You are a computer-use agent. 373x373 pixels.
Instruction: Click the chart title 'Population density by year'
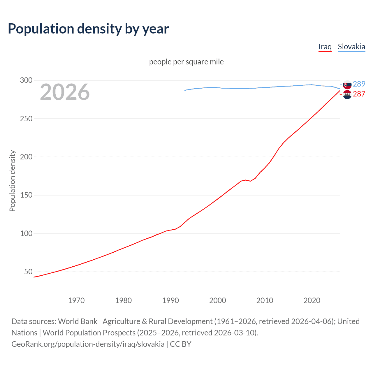pyautogui.click(x=88, y=29)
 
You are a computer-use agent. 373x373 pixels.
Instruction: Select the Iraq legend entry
pyautogui.click(x=325, y=47)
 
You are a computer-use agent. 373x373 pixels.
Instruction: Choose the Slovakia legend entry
pyautogui.click(x=351, y=47)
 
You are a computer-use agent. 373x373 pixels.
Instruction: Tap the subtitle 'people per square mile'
pyautogui.click(x=186, y=62)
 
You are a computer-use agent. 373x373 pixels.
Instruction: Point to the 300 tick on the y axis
pyautogui.click(x=26, y=80)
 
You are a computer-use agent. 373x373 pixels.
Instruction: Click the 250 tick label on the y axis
pyautogui.click(x=26, y=119)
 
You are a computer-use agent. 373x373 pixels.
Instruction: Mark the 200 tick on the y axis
pyautogui.click(x=26, y=157)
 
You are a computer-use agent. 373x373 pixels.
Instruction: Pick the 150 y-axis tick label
pyautogui.click(x=26, y=195)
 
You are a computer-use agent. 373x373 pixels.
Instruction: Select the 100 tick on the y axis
pyautogui.click(x=26, y=233)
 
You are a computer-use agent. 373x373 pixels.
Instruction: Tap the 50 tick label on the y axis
pyautogui.click(x=28, y=272)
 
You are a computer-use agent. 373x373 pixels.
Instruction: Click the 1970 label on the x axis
pyautogui.click(x=76, y=300)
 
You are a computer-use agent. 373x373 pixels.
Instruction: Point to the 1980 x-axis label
pyautogui.click(x=123, y=300)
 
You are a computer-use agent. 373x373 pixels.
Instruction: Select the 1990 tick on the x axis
pyautogui.click(x=170, y=300)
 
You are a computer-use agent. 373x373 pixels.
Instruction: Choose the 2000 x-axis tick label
pyautogui.click(x=218, y=300)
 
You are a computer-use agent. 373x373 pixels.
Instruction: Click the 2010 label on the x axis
pyautogui.click(x=265, y=300)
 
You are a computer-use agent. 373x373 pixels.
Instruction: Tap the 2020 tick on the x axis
pyautogui.click(x=312, y=300)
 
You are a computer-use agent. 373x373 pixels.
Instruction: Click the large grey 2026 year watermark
pyautogui.click(x=65, y=92)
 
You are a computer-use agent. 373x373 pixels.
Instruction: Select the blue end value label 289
pyautogui.click(x=359, y=84)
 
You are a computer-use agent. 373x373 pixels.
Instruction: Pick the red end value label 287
pyautogui.click(x=359, y=94)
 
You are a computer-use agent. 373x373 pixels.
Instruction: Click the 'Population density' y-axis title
pyautogui.click(x=12, y=181)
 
